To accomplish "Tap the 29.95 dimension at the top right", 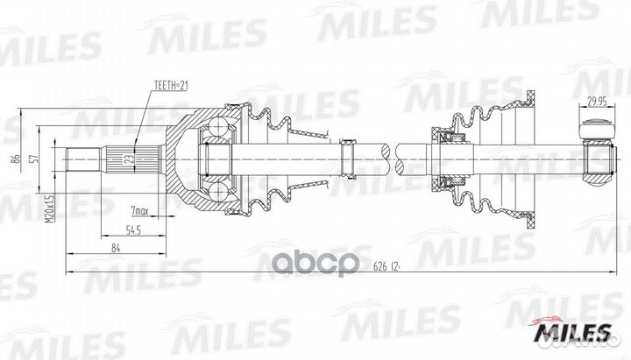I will pos(598,100).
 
